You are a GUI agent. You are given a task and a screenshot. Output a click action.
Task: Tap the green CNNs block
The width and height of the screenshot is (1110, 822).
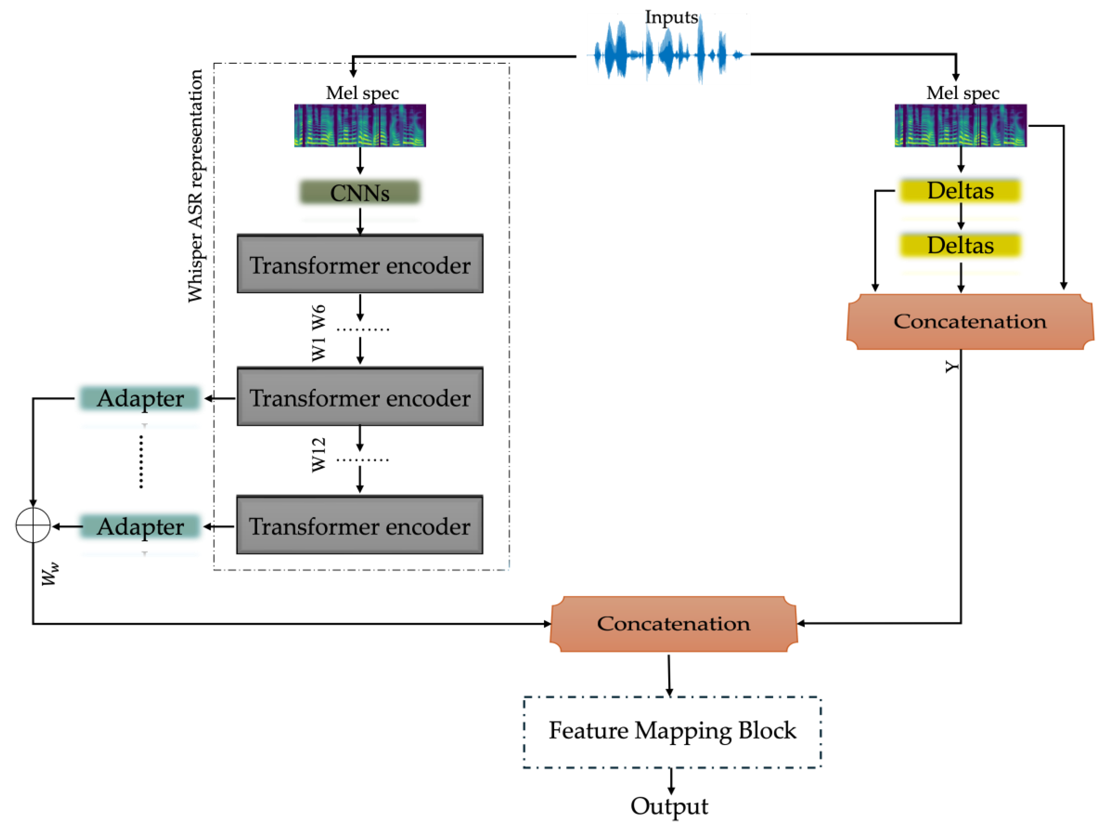click(x=360, y=192)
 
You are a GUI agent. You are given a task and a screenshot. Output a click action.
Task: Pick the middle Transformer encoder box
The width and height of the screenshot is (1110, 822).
click(x=360, y=397)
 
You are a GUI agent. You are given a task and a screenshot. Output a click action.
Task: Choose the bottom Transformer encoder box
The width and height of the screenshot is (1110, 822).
click(x=360, y=525)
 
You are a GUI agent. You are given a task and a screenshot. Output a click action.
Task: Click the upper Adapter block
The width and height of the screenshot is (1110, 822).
click(x=140, y=398)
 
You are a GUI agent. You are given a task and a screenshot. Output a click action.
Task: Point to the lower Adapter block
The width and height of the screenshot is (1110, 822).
click(x=140, y=527)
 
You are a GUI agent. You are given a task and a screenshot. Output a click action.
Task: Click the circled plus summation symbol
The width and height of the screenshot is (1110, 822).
click(x=33, y=525)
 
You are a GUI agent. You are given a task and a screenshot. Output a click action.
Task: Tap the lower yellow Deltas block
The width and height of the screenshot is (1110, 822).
click(x=960, y=245)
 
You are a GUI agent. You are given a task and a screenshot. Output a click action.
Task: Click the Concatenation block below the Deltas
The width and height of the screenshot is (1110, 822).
click(x=970, y=321)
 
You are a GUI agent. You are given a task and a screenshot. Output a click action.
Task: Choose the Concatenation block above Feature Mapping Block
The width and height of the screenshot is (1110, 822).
click(x=673, y=623)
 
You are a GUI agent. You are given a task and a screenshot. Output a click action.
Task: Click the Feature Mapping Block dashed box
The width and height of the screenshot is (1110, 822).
click(x=672, y=731)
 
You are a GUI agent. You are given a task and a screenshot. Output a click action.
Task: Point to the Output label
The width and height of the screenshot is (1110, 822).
click(x=669, y=806)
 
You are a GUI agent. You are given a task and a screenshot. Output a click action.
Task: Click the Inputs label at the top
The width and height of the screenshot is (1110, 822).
click(x=671, y=17)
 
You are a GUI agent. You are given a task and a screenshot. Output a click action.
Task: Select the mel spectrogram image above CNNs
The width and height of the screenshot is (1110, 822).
click(x=360, y=125)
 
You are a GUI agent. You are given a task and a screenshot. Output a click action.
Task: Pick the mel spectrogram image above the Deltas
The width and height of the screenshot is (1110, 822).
click(x=960, y=125)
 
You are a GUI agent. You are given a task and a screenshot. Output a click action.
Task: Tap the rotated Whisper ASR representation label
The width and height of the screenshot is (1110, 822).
click(x=195, y=186)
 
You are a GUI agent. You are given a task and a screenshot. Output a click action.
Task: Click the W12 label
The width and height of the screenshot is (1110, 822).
click(x=318, y=455)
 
